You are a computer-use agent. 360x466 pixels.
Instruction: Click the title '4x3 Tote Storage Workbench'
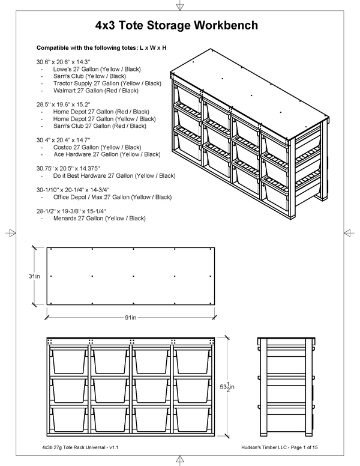(177, 26)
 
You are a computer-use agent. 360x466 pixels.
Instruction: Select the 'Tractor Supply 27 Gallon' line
(107, 83)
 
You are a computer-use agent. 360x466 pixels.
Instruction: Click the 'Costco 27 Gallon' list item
(97, 147)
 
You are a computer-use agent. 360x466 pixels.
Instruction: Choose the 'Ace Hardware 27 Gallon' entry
(106, 154)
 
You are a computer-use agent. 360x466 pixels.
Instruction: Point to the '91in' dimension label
(132, 317)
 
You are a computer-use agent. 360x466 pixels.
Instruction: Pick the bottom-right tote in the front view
(191, 419)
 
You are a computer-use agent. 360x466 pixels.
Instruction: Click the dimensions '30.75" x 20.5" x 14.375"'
(68, 169)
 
